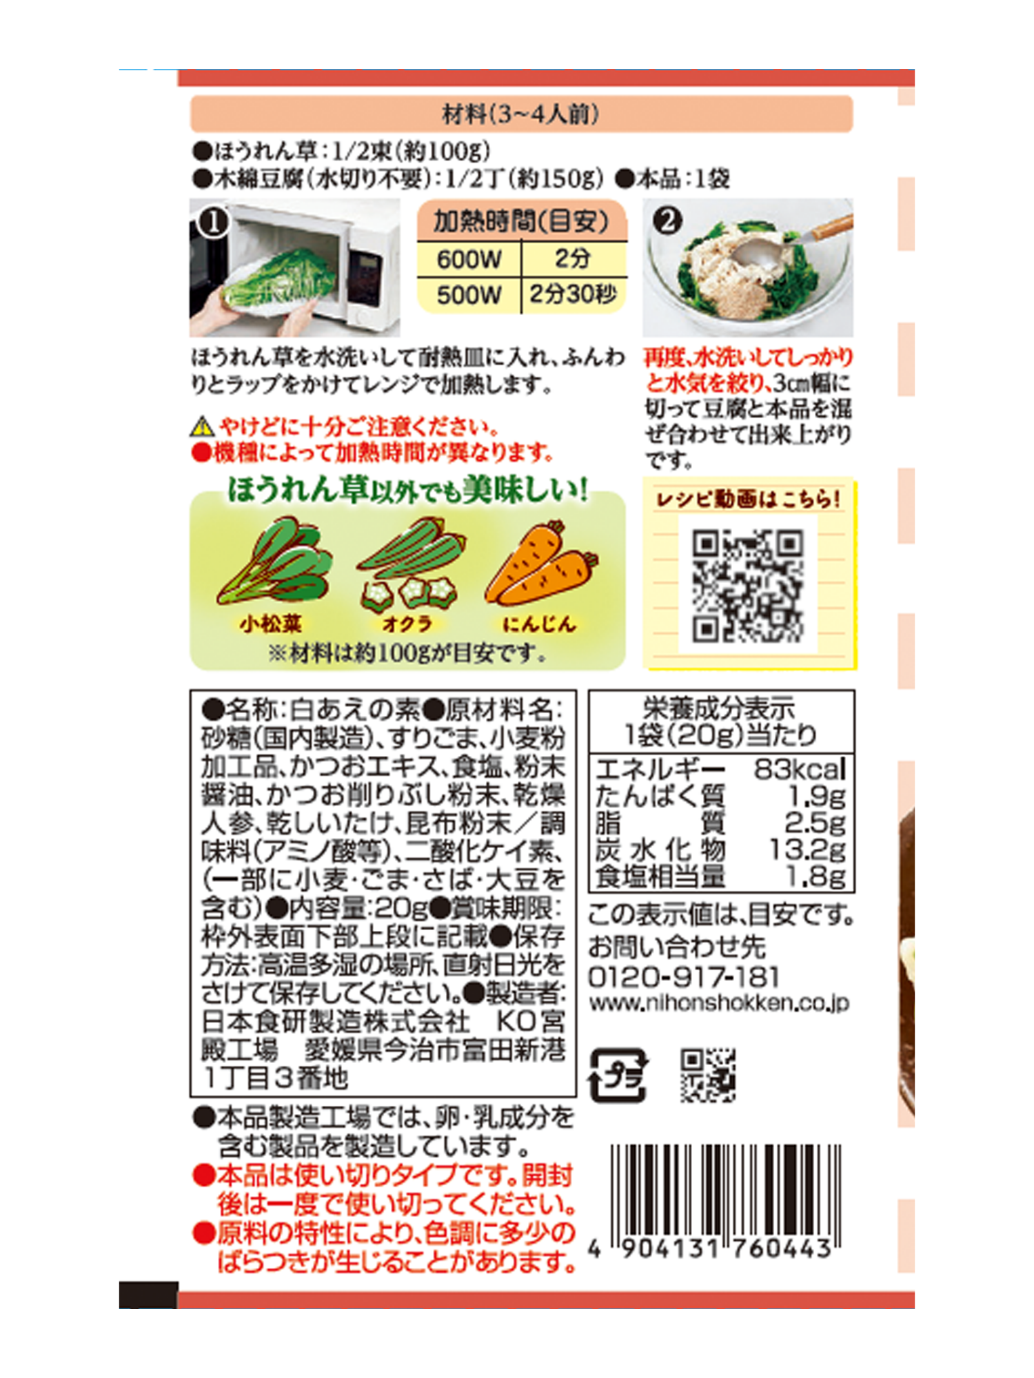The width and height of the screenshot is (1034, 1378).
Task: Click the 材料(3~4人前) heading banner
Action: [521, 114]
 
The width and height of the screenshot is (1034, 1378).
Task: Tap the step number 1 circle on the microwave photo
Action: [213, 223]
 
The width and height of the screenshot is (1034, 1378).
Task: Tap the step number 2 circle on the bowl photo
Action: [667, 220]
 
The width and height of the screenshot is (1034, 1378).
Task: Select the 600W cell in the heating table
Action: [469, 259]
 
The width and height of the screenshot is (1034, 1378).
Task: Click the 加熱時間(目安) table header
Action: [522, 221]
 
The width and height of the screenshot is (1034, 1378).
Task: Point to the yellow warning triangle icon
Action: [202, 427]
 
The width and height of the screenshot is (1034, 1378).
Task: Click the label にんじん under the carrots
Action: [539, 624]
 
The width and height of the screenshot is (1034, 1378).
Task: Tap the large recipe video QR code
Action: [748, 586]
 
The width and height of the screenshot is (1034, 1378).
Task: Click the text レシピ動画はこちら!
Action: [748, 499]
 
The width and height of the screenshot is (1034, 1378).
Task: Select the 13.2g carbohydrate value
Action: [807, 850]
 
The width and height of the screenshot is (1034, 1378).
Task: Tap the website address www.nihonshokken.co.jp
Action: [719, 1003]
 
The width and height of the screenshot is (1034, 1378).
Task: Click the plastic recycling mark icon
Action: [618, 1076]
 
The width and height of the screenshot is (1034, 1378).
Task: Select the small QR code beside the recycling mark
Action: [708, 1076]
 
